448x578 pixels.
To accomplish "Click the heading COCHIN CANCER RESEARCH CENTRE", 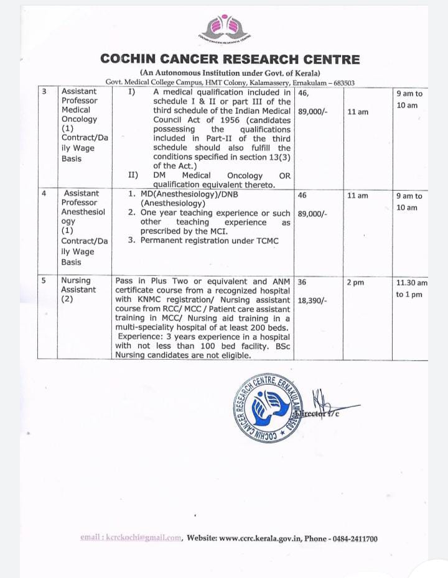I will pos(230,60).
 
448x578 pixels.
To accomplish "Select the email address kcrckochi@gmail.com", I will pos(131,538).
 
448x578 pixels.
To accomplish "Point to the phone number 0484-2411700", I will pos(353,538).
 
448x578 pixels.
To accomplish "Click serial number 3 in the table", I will pos(44,91).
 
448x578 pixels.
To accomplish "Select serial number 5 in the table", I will pos(44,281).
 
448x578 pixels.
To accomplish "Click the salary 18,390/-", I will pos(313,300).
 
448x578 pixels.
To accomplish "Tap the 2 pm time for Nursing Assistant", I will pos(355,282).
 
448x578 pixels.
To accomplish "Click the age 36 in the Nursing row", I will pos(302,282).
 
